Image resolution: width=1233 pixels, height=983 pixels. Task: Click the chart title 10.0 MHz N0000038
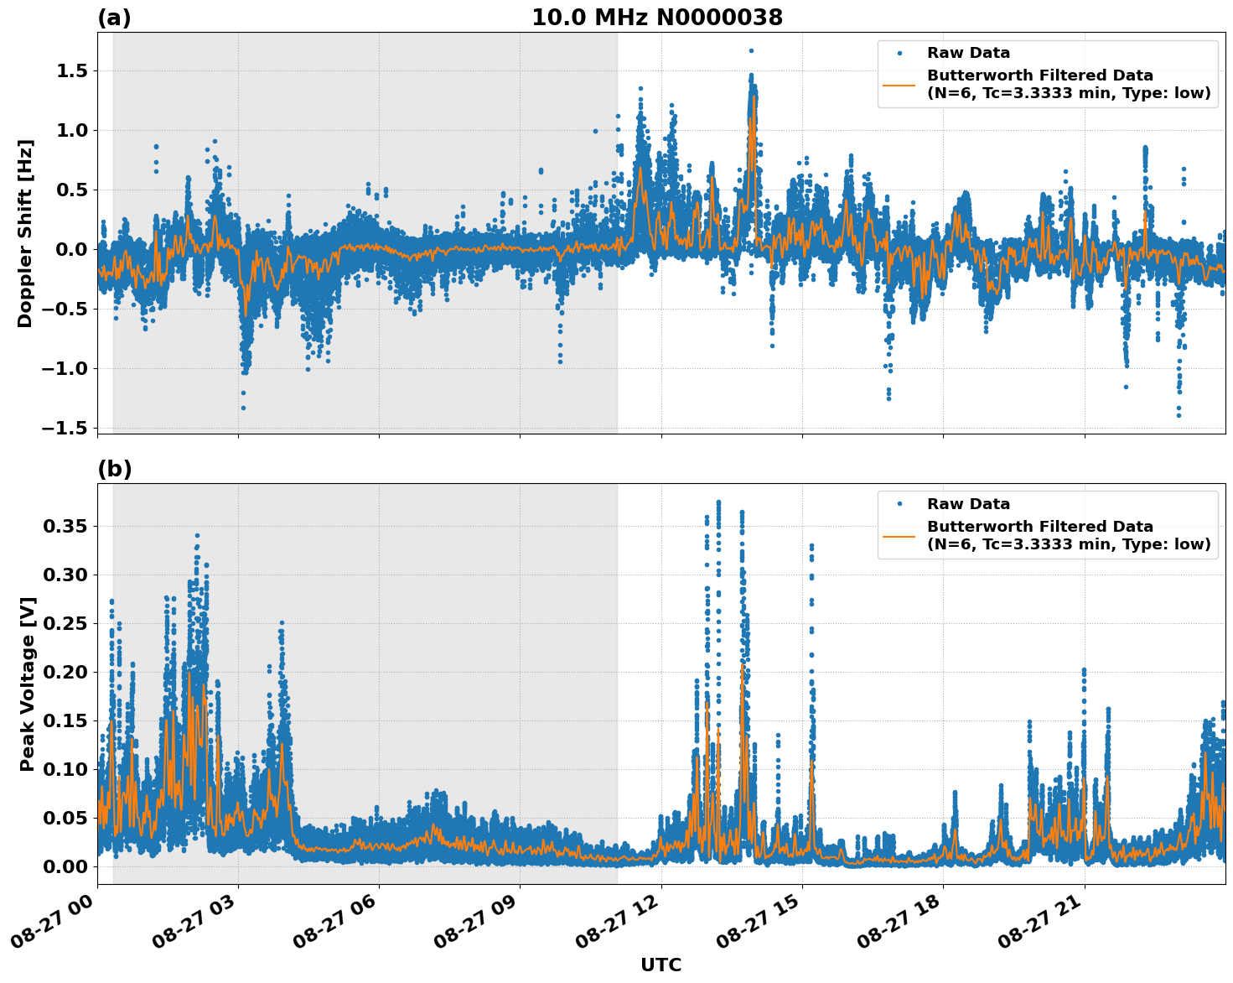[656, 18]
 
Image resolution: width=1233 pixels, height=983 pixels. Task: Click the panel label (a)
[114, 18]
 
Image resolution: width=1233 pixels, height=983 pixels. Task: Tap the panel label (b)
[114, 469]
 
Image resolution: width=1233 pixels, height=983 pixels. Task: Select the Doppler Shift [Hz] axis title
[25, 233]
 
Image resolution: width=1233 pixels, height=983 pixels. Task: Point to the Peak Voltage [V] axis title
[27, 684]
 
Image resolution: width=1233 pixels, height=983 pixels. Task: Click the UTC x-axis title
[661, 965]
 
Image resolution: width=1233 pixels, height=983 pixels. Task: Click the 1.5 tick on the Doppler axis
[71, 71]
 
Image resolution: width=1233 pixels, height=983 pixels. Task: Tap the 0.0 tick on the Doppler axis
[71, 249]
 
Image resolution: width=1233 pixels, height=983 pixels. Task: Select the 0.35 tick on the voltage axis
[66, 527]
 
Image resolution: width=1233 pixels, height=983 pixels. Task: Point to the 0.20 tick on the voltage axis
[66, 672]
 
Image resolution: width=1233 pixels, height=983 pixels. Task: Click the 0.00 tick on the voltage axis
[66, 866]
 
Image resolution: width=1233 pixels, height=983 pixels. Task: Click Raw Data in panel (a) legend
[968, 53]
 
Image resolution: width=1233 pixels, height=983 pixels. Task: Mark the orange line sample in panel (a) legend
[899, 84]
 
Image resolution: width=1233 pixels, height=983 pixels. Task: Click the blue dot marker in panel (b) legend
[899, 504]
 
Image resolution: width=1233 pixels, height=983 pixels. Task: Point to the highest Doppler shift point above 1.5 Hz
[751, 50]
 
